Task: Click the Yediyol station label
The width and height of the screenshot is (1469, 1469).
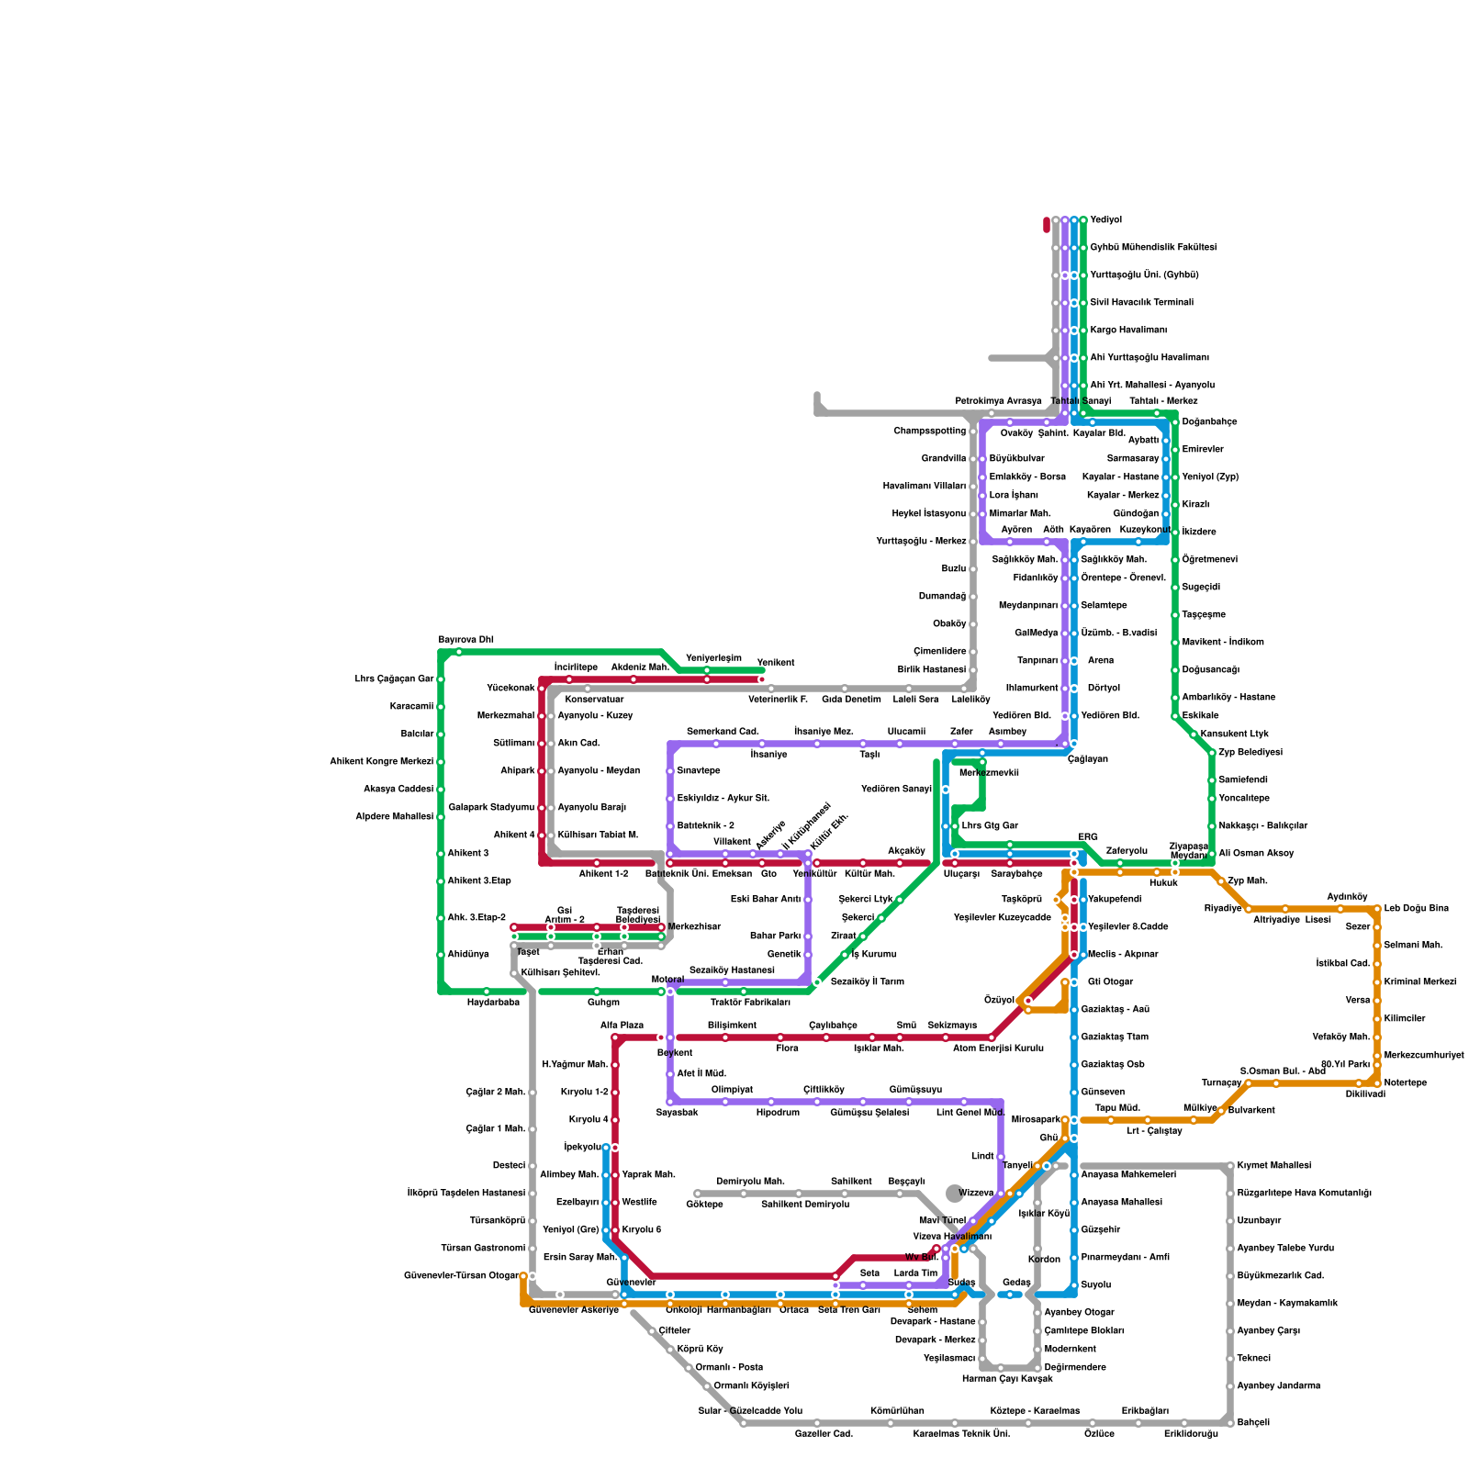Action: [x=1105, y=220]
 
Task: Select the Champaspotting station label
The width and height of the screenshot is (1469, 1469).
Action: [x=929, y=432]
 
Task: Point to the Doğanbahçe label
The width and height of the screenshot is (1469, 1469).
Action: [x=1209, y=422]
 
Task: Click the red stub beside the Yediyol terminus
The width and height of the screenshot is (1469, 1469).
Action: [x=1047, y=224]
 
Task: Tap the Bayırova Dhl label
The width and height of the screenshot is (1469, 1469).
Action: [x=465, y=640]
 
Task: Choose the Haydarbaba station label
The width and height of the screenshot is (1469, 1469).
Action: [x=493, y=1003]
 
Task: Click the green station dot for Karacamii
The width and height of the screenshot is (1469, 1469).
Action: [x=441, y=707]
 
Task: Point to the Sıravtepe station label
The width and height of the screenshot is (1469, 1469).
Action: [x=698, y=771]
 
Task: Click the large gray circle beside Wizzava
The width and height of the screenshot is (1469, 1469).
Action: [x=955, y=1193]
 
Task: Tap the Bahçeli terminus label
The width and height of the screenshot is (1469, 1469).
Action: [x=1253, y=1423]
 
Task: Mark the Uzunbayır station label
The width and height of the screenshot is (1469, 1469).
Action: [x=1259, y=1221]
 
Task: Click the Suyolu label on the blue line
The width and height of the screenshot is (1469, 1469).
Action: [x=1096, y=1285]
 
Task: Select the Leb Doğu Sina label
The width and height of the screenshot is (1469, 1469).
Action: [x=1416, y=909]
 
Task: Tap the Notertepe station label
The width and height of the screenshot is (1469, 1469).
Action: [x=1405, y=1083]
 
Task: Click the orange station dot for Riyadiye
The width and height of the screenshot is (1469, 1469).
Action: [x=1249, y=909]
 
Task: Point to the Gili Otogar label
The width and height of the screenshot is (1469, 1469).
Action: [x=1110, y=982]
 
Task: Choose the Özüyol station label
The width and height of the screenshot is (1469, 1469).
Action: [x=999, y=1001]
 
